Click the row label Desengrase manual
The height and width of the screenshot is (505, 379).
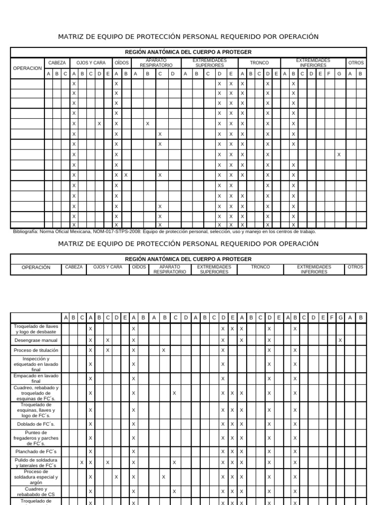click(36, 340)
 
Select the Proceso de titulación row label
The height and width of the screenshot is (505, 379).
click(36, 350)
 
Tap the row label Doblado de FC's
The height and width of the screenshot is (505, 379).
click(36, 424)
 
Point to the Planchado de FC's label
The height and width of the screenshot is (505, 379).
click(36, 451)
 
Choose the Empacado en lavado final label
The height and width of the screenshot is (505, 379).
click(36, 378)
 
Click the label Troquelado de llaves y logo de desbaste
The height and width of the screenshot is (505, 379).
click(36, 329)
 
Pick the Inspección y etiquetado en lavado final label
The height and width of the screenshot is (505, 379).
click(36, 364)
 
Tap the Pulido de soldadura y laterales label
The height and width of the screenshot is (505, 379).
click(36, 463)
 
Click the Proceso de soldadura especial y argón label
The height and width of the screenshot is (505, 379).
click(36, 477)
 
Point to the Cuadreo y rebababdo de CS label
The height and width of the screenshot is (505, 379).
click(36, 492)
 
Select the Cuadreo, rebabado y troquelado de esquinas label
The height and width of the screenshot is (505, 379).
click(36, 393)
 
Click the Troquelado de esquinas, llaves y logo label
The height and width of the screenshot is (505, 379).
click(36, 410)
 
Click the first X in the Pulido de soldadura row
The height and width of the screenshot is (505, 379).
click(82, 462)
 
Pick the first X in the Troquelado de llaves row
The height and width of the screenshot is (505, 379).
click(91, 328)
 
